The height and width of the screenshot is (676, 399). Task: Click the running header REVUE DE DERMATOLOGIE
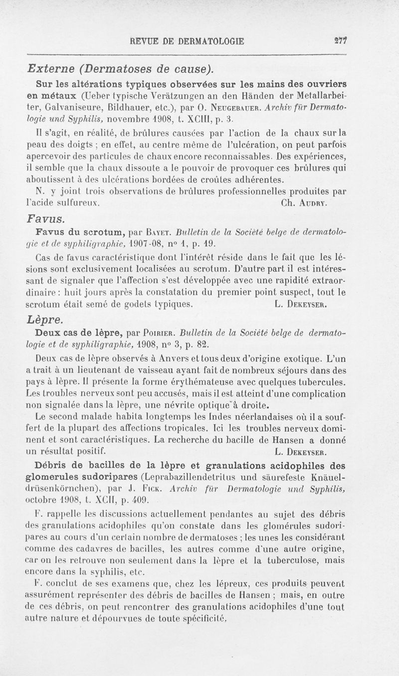point(187,42)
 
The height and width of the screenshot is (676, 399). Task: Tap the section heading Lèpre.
point(47,319)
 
